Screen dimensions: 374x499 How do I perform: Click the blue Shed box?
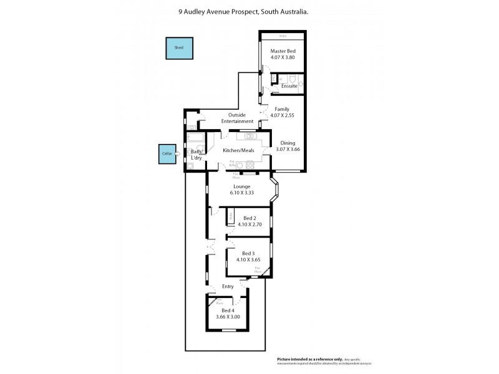pos(179,48)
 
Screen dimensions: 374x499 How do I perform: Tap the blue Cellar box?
pos(167,153)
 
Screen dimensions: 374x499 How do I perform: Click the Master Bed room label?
pos(282,51)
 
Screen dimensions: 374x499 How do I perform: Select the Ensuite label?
pos(289,86)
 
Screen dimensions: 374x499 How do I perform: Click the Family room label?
pos(282,109)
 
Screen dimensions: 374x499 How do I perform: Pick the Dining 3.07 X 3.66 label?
pos(289,146)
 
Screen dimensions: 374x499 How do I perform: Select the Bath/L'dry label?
pos(196,155)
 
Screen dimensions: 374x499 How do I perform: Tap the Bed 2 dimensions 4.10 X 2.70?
pos(249,224)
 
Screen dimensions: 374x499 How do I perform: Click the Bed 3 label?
pos(249,253)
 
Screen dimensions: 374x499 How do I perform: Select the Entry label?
pos(228,287)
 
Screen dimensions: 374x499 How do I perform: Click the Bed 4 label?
pos(227,310)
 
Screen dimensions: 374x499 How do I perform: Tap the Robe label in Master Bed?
pos(282,35)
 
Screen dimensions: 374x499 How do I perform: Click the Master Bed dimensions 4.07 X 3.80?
pos(282,58)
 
